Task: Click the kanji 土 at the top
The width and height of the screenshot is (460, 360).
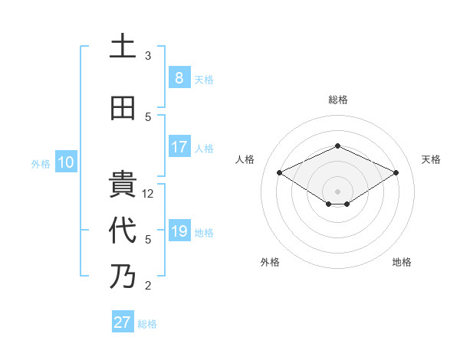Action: [x=123, y=47]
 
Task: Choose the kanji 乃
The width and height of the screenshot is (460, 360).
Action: [x=123, y=277]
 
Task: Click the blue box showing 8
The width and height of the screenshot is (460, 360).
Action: [x=179, y=78]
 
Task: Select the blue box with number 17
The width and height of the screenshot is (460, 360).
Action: [x=179, y=147]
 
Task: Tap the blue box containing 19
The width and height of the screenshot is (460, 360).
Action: [x=179, y=231]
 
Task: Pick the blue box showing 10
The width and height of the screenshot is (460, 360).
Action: [x=65, y=162]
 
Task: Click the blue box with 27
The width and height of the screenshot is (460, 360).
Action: [x=123, y=322]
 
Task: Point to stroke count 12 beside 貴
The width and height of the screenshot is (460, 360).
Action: [x=149, y=194]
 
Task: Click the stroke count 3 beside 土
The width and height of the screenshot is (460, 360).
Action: [x=148, y=56]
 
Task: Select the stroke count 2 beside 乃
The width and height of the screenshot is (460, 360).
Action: [x=148, y=286]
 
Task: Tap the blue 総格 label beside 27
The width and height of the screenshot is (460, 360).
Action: [x=147, y=324]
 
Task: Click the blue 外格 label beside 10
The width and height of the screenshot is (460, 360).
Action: [x=41, y=163]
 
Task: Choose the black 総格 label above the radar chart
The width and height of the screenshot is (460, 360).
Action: [x=337, y=100]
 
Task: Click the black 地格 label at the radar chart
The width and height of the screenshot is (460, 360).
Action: [x=402, y=262]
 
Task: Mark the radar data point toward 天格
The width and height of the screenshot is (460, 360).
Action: [x=396, y=172]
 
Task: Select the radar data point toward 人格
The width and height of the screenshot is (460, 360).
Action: [x=279, y=172]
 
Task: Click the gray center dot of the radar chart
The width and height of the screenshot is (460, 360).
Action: [x=337, y=190]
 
